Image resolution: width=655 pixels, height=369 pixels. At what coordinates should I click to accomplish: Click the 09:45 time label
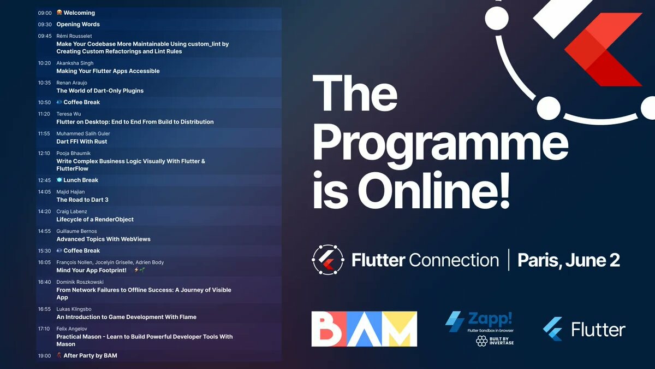[x=45, y=36]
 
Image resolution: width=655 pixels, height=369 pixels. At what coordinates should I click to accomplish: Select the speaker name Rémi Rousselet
[x=74, y=36]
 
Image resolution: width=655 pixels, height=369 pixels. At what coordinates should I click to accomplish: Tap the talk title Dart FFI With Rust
[x=81, y=142]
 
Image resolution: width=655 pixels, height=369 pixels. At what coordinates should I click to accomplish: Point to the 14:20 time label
[x=44, y=212]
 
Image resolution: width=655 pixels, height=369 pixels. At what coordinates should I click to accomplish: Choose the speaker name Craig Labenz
[x=72, y=212]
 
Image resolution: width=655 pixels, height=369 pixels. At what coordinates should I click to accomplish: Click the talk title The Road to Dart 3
[x=82, y=200]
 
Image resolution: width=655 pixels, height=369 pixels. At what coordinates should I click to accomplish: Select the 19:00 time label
[x=44, y=356]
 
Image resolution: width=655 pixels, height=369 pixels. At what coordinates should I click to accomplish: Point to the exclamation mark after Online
[x=504, y=190]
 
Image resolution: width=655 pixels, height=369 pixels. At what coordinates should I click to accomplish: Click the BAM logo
[x=364, y=329]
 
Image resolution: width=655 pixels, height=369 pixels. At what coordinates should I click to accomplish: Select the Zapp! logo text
[x=490, y=319]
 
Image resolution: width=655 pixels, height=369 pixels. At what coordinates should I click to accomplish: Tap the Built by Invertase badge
[x=495, y=341]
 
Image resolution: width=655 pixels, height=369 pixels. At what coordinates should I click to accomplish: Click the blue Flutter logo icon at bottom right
[x=553, y=329]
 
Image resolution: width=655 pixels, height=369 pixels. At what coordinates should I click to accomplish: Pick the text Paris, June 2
[x=568, y=260]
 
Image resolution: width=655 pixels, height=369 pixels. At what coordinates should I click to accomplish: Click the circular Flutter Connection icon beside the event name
[x=327, y=260]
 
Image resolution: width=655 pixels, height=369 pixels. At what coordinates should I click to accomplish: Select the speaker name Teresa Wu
[x=69, y=114]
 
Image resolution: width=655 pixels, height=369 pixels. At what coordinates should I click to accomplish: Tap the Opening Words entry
[x=78, y=24]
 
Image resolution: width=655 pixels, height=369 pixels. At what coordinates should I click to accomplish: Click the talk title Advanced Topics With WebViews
[x=104, y=239]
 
